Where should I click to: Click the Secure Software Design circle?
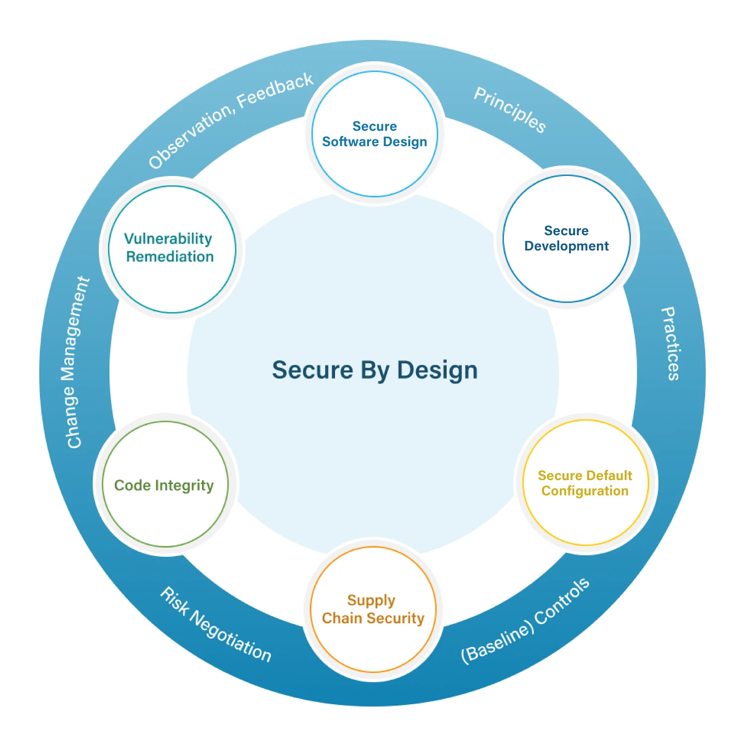[374, 134]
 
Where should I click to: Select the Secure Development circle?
[566, 238]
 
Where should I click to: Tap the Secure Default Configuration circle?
[585, 483]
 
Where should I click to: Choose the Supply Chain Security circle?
[373, 609]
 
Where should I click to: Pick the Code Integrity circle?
[164, 485]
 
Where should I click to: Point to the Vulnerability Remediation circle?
[171, 249]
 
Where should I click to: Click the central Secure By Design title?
[374, 371]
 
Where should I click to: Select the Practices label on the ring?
[670, 344]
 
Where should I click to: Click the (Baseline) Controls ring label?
[525, 621]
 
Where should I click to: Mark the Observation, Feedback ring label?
[231, 119]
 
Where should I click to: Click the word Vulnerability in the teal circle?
[168, 239]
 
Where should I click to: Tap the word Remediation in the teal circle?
[170, 257]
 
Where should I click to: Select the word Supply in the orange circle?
[371, 600]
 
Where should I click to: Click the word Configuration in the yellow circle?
[585, 491]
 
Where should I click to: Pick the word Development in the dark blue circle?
[566, 246]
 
